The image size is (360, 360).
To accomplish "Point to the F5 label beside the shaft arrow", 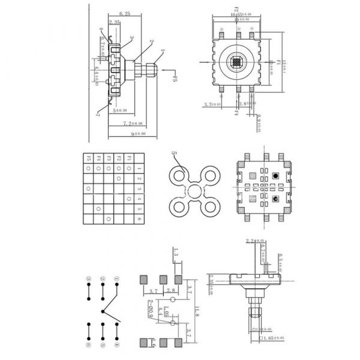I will click(175, 79).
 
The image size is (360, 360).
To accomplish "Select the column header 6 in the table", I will click(139, 218).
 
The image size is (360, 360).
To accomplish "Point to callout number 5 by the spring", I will click(174, 154).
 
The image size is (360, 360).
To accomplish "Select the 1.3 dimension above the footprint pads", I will click(176, 255).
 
